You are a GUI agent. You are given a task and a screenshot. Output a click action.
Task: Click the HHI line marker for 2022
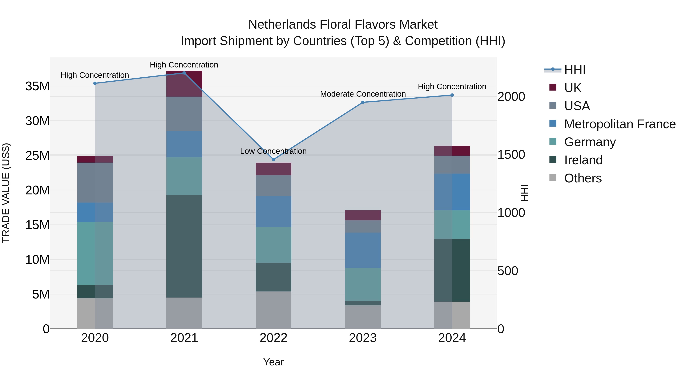(273, 160)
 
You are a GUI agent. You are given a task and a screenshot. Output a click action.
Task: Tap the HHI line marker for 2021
(184, 73)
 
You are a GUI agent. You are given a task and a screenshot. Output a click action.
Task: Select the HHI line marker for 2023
(363, 102)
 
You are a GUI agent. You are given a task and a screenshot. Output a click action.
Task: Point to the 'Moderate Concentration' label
(363, 94)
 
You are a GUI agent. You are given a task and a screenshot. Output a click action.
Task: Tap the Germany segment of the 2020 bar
(95, 253)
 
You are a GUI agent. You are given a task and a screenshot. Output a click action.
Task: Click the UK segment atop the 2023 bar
(363, 215)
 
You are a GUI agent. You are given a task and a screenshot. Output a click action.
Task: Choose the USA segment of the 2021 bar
(184, 114)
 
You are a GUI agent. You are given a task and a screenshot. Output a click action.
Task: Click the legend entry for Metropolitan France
(620, 124)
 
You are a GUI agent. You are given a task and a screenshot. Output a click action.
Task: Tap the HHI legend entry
(575, 70)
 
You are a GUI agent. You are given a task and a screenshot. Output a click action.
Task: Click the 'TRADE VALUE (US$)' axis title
(6, 193)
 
